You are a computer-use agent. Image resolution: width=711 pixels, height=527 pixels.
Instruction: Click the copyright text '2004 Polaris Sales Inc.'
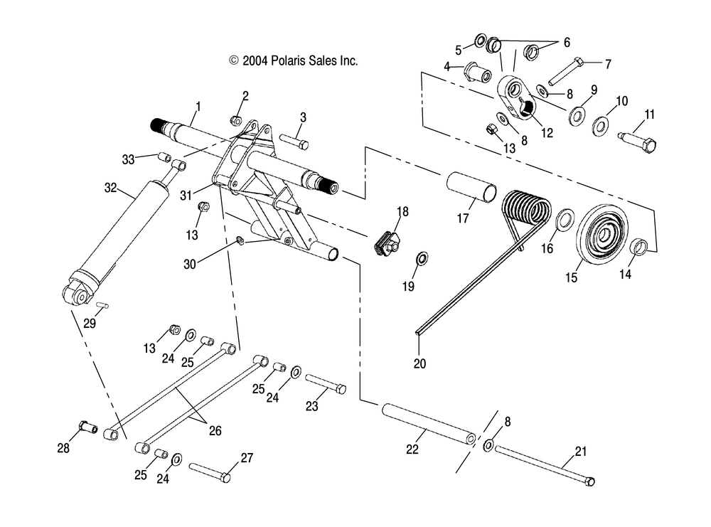(300, 60)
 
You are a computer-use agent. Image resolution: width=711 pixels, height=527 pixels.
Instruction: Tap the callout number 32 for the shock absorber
(111, 188)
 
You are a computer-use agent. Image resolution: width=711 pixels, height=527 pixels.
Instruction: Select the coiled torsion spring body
(527, 212)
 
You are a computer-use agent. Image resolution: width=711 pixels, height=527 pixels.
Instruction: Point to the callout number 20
(420, 363)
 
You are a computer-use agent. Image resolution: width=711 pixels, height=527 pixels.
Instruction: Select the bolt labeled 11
(637, 141)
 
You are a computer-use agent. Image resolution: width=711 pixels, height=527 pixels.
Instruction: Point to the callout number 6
(567, 43)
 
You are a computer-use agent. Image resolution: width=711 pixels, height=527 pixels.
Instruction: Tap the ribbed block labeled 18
(386, 243)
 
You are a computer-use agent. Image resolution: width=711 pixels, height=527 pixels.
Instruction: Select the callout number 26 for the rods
(215, 430)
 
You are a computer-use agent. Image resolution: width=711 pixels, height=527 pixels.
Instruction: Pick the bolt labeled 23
(326, 383)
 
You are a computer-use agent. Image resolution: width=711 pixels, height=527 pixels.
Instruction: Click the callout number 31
(186, 196)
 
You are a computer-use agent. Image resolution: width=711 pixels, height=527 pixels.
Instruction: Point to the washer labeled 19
(422, 259)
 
